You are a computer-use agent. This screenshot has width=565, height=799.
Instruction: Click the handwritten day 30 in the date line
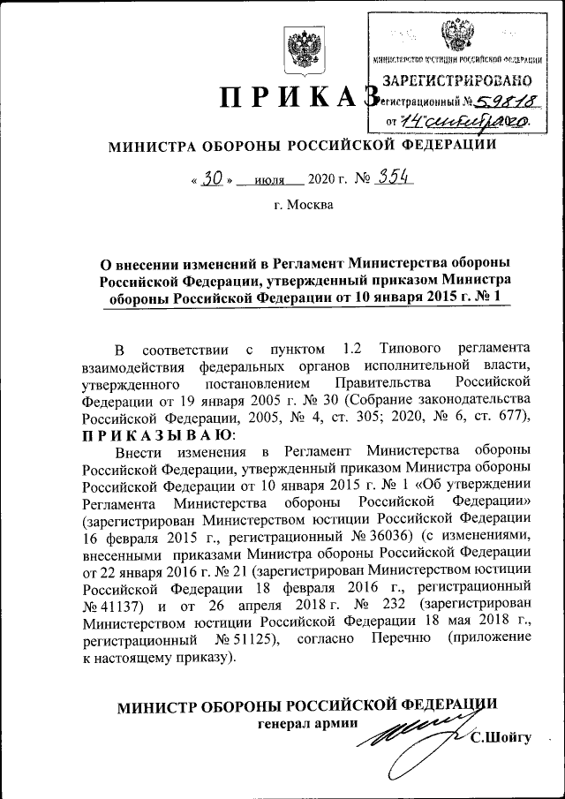point(210,177)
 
